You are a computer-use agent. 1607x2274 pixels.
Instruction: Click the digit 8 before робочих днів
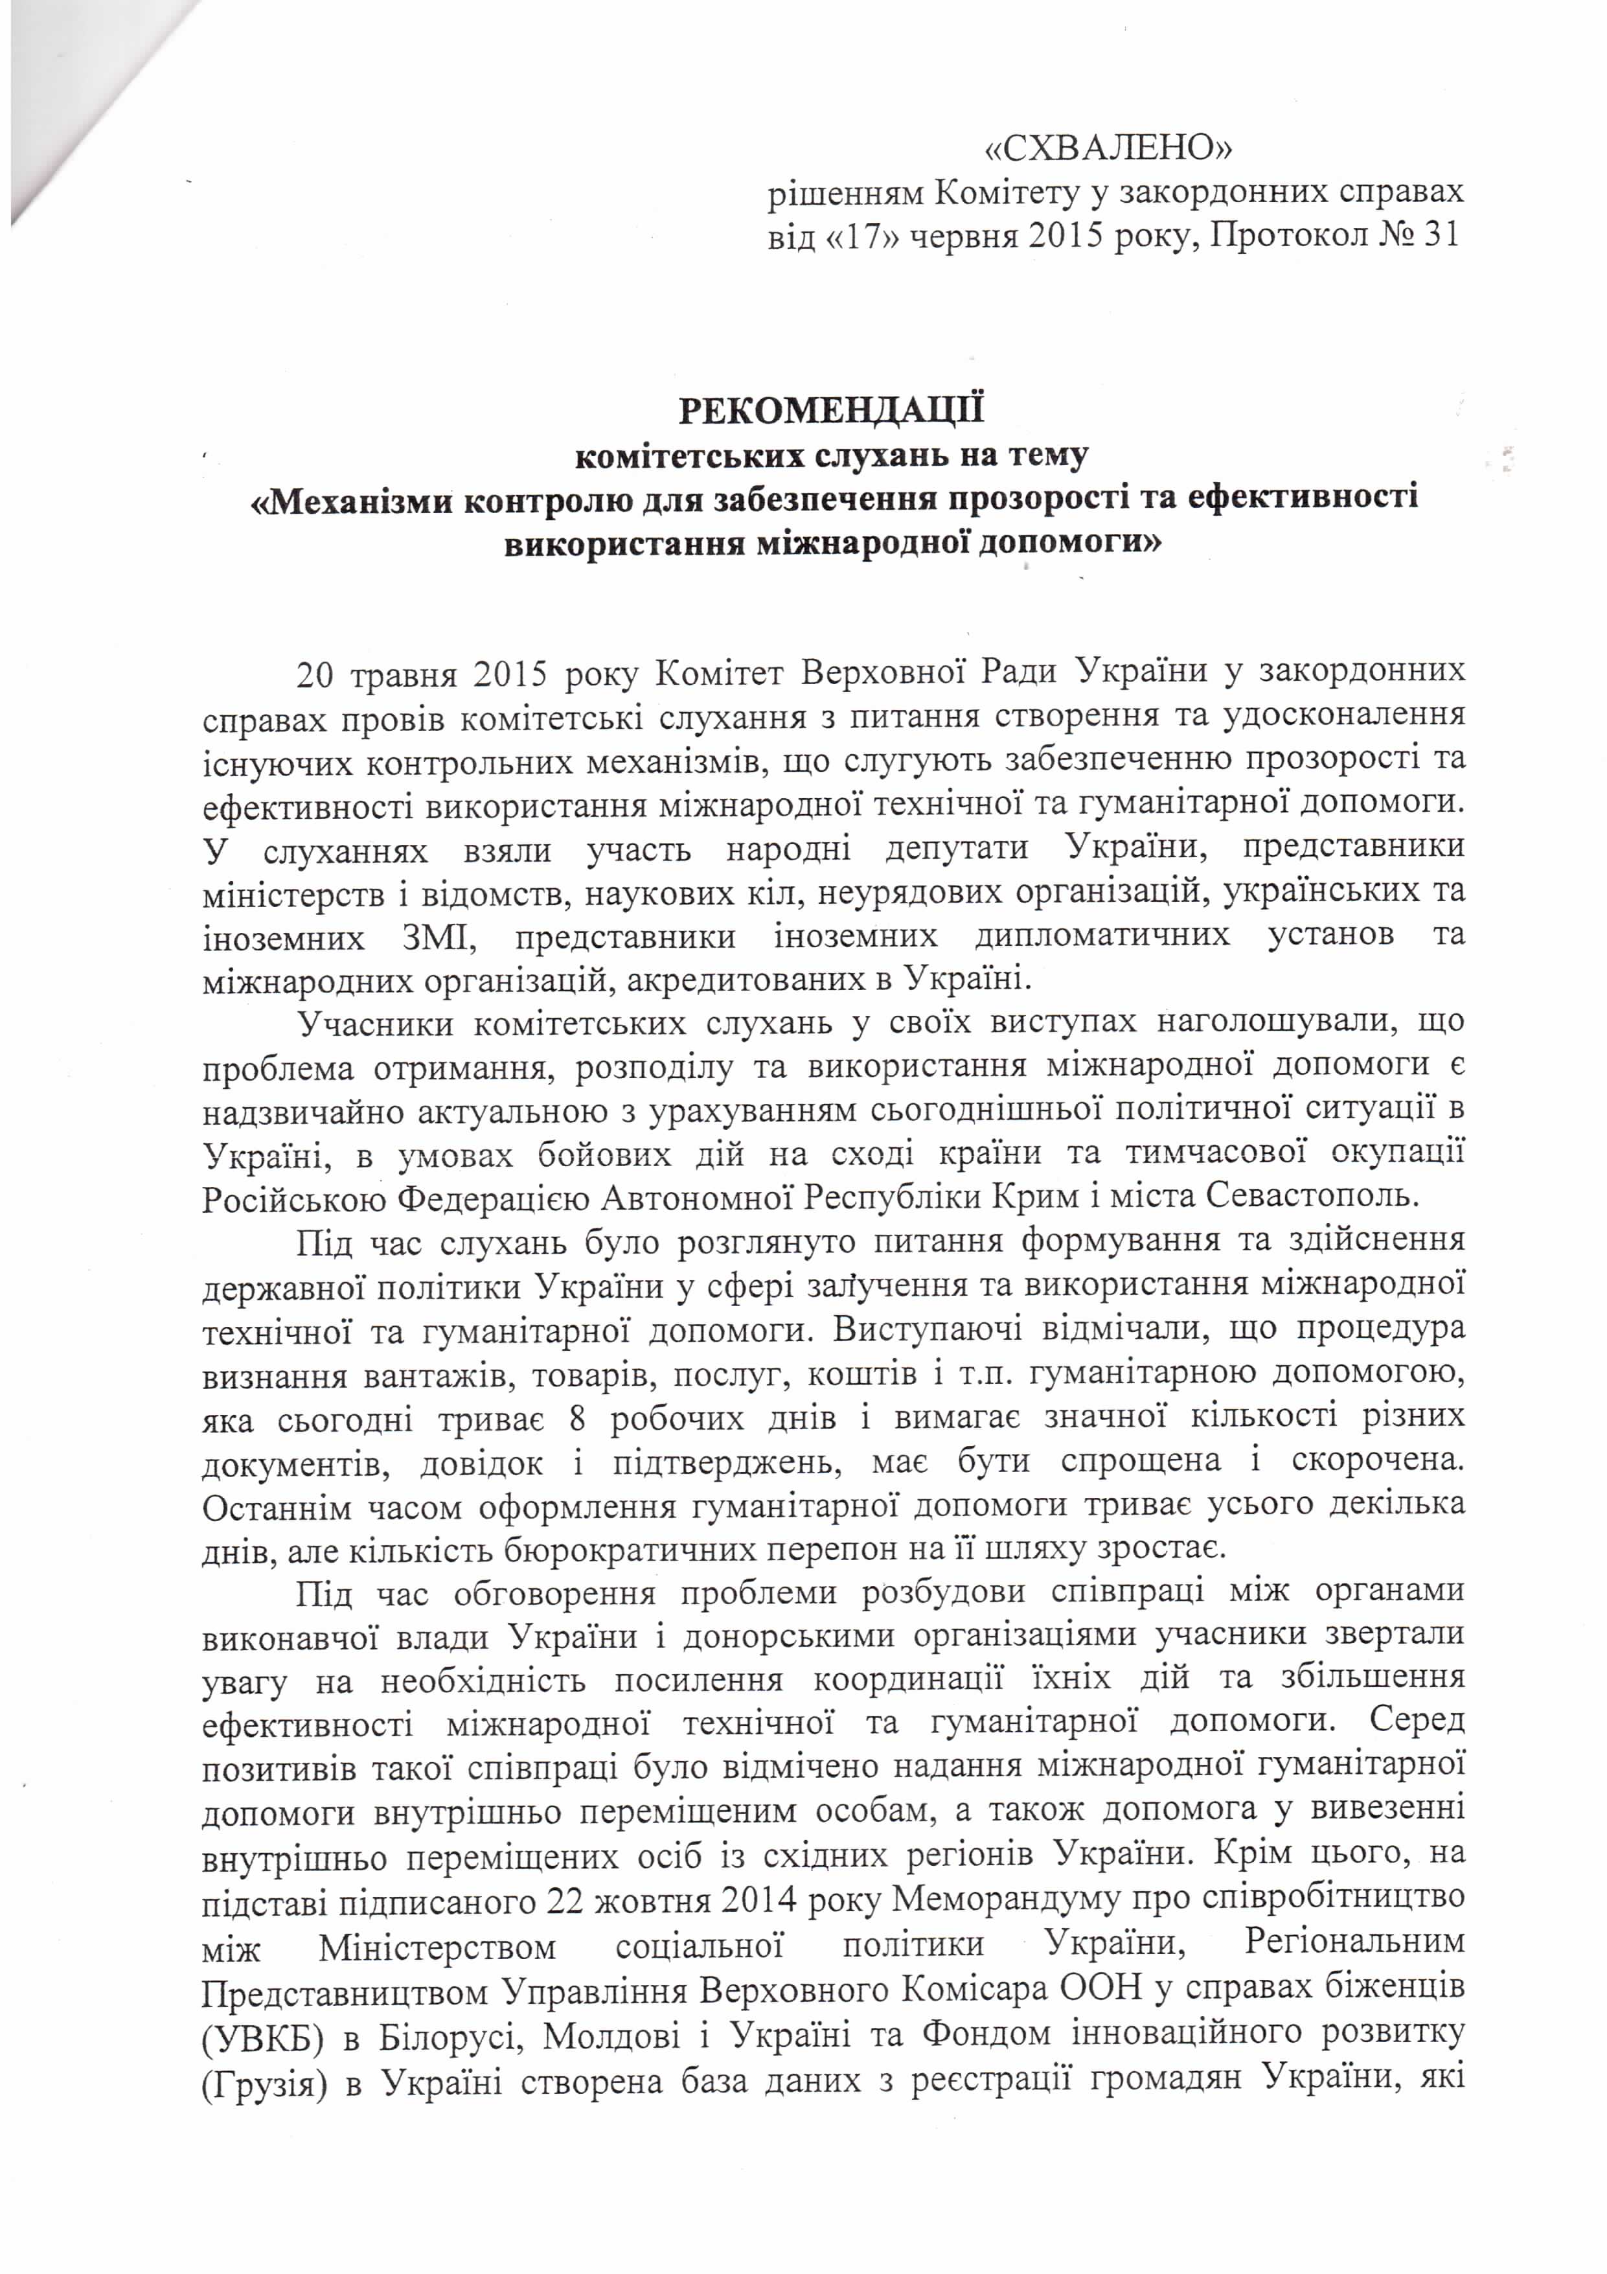coord(576,1418)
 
